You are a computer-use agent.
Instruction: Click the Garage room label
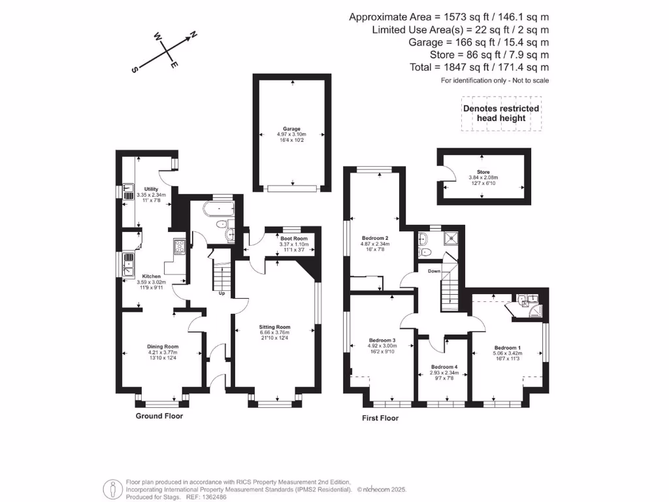pyautogui.click(x=291, y=129)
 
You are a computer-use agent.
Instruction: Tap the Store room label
pyautogui.click(x=483, y=173)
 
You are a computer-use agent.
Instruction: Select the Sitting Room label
pyautogui.click(x=274, y=327)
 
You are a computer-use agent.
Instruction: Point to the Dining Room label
pyautogui.click(x=162, y=346)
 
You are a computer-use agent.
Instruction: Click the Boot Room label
pyautogui.click(x=293, y=239)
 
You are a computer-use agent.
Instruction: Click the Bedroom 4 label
pyautogui.click(x=444, y=367)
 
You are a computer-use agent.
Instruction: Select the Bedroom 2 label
pyautogui.click(x=375, y=238)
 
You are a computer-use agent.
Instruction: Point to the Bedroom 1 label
pyautogui.click(x=508, y=348)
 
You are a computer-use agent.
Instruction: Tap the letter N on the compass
pyautogui.click(x=194, y=35)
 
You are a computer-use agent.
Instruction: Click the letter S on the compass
pyautogui.click(x=135, y=71)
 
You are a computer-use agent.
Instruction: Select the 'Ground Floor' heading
pyautogui.click(x=159, y=416)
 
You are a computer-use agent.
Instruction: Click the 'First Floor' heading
pyautogui.click(x=380, y=418)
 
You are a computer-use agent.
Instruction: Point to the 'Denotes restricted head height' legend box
pyautogui.click(x=501, y=113)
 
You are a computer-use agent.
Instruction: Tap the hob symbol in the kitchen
pyautogui.click(x=179, y=246)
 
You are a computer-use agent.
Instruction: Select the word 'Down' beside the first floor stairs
pyautogui.click(x=434, y=271)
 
